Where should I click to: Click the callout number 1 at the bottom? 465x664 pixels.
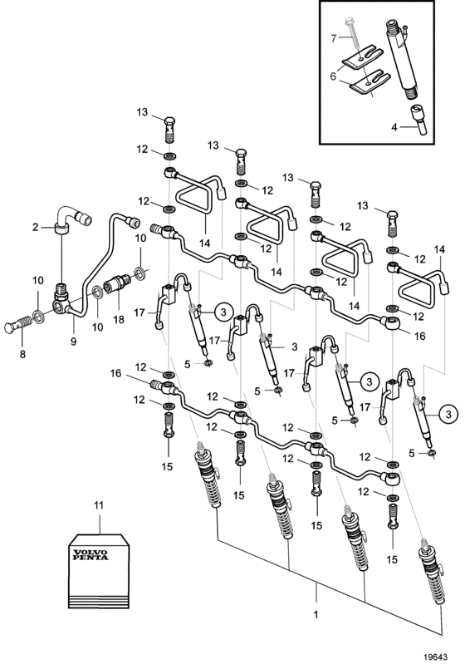[x=316, y=614]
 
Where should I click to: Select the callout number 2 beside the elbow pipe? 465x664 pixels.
[x=35, y=227]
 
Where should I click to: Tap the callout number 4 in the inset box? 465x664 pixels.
[x=394, y=126]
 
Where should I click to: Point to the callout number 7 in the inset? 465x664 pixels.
[x=334, y=38]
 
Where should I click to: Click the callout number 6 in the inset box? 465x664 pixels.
[x=334, y=76]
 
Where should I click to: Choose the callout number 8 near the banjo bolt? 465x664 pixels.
[x=22, y=353]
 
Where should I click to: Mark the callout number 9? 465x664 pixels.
[x=74, y=342]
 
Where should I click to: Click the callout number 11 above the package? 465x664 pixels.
[x=99, y=505]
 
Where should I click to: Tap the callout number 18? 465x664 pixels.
[x=119, y=319]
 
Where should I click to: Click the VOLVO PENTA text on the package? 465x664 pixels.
[x=91, y=555]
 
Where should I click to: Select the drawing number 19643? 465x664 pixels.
[x=436, y=657]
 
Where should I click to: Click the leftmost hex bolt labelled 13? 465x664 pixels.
[x=169, y=130]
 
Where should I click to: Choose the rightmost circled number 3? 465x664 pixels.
[x=448, y=413]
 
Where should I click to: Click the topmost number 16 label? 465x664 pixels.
[x=419, y=336]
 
